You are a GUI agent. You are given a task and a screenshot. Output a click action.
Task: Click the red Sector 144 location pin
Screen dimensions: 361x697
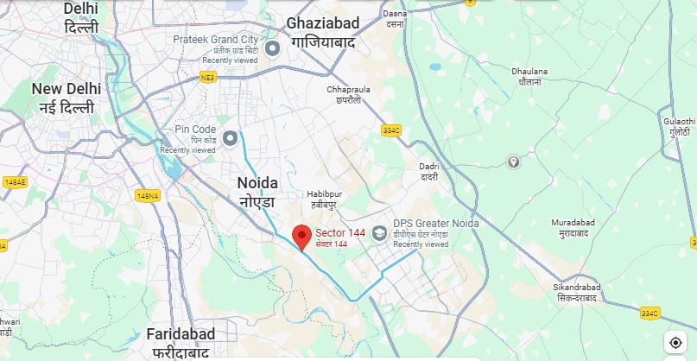[301, 236]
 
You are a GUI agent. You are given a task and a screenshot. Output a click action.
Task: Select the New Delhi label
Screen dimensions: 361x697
[66, 97]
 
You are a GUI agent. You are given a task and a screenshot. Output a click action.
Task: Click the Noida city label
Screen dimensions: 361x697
[257, 191]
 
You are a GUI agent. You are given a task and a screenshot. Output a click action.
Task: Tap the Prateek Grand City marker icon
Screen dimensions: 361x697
[272, 49]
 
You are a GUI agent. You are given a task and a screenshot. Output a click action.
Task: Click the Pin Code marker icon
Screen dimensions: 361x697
[231, 138]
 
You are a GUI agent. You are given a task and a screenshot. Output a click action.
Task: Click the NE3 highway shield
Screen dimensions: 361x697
[207, 78]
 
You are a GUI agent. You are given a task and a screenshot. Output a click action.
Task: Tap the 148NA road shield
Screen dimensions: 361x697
[148, 196]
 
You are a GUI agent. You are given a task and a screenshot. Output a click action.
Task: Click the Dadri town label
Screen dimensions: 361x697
[428, 171]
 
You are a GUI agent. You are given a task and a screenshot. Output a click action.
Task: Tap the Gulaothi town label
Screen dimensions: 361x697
[678, 127]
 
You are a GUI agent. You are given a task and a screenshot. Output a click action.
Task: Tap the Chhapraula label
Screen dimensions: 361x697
[348, 93]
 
